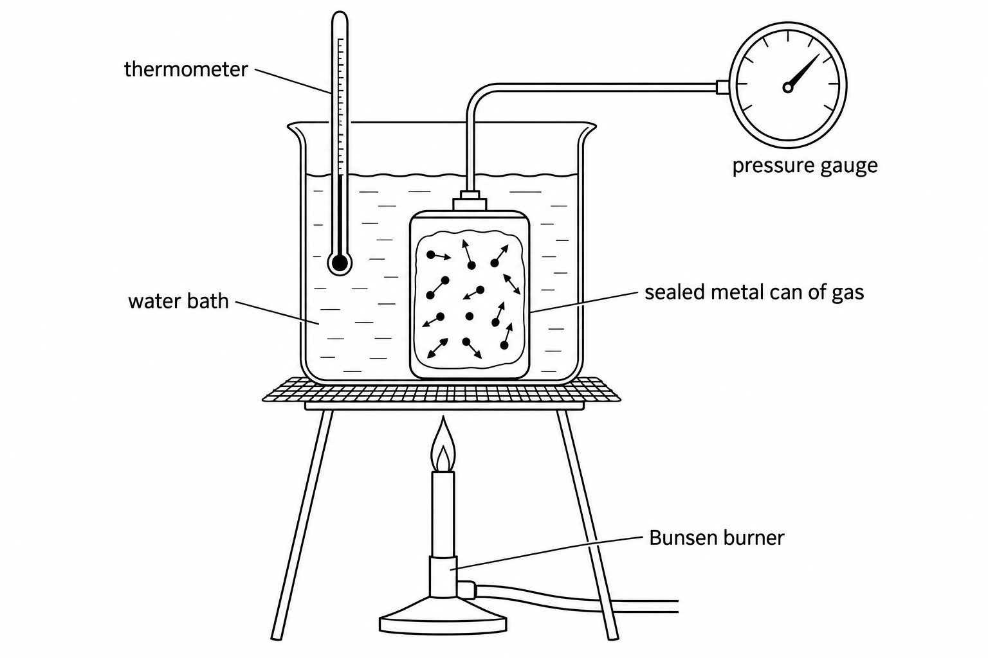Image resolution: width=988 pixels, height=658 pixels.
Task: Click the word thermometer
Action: click(x=186, y=69)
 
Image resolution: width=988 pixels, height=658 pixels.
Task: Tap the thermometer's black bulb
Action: click(x=340, y=263)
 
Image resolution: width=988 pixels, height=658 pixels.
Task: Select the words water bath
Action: click(x=178, y=301)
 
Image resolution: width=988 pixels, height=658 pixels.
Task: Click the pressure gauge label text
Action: click(x=805, y=166)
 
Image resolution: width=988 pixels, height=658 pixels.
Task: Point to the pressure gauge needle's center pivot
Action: click(x=788, y=87)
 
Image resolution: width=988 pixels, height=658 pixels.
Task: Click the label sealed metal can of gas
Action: click(x=755, y=292)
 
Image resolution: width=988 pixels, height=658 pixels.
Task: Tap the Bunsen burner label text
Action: click(x=717, y=538)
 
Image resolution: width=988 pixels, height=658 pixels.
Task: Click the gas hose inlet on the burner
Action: click(x=466, y=590)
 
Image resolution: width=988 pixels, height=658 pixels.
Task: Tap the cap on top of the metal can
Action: click(x=470, y=200)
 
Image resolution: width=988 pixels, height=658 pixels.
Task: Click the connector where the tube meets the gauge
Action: click(x=722, y=87)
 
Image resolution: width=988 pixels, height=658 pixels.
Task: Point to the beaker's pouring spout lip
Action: click(x=294, y=129)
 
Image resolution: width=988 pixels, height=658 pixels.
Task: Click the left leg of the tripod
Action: click(x=302, y=524)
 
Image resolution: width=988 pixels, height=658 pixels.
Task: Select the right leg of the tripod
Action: click(x=587, y=524)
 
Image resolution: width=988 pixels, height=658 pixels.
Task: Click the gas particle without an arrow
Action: click(x=470, y=316)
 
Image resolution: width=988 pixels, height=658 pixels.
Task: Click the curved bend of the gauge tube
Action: click(x=477, y=93)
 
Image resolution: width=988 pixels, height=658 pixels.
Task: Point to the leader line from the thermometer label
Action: click(x=293, y=81)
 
